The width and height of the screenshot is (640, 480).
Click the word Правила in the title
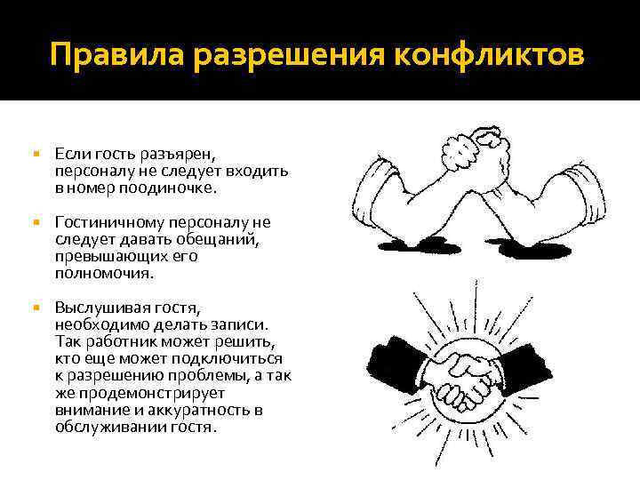pos(102,55)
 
